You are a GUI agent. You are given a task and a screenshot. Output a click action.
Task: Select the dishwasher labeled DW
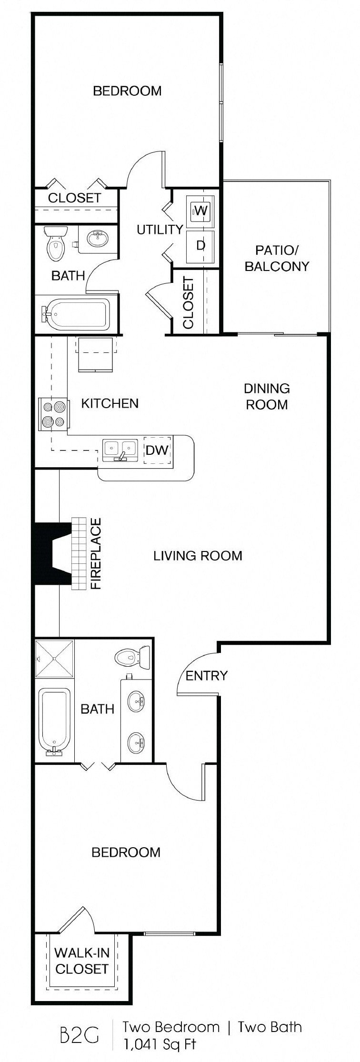(x=157, y=449)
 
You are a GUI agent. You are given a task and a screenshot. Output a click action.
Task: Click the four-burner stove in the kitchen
(x=53, y=414)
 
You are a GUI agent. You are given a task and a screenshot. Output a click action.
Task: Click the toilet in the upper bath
(x=55, y=243)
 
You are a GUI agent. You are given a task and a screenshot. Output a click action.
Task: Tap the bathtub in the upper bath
(x=76, y=313)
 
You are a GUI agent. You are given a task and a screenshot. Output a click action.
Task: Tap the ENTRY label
(x=206, y=676)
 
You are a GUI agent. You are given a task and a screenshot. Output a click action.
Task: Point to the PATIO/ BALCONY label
(x=277, y=258)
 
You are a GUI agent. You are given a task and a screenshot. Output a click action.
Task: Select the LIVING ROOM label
(x=198, y=555)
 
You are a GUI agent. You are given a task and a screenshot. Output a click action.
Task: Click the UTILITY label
(x=160, y=230)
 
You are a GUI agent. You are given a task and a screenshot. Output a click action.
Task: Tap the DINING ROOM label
(x=267, y=396)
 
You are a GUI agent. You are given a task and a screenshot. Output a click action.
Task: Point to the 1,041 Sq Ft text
(x=160, y=1044)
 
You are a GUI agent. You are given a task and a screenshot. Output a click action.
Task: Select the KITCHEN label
(x=110, y=403)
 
